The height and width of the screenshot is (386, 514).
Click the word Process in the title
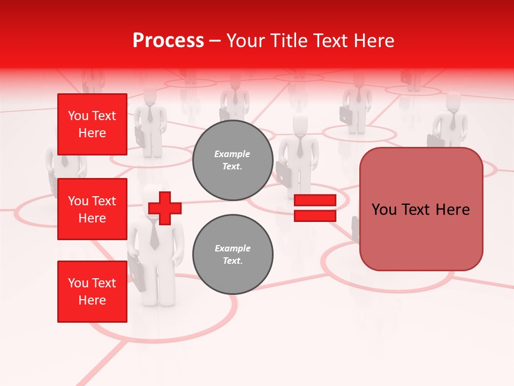coord(168,41)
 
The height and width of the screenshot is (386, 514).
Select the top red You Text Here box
coord(92,124)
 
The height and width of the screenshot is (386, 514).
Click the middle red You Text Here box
coord(92,209)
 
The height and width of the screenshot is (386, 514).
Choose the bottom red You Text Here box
coord(92,292)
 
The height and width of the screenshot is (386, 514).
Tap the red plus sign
coord(165,208)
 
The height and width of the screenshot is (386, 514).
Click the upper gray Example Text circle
coord(232,160)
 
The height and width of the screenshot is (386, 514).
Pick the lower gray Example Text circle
coord(232,255)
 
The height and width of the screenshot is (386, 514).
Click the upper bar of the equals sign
coord(315,201)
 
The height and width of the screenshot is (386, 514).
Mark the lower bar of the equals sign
coord(315,216)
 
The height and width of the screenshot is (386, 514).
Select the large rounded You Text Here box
coord(421,209)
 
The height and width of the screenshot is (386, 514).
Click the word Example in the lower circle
coord(232,248)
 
